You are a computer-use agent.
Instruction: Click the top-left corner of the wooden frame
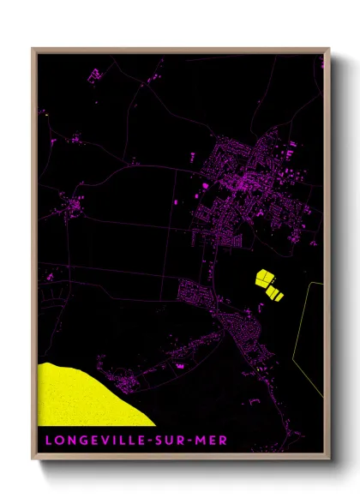[x=33, y=50]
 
